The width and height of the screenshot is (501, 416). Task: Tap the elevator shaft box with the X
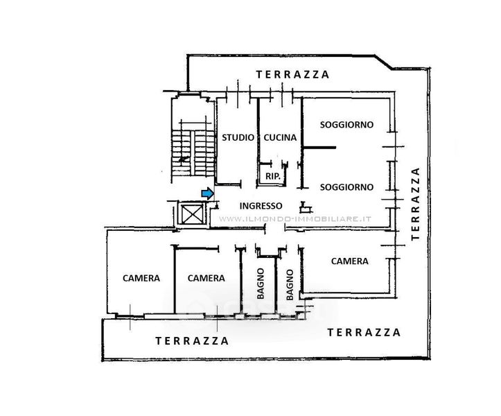(191, 213)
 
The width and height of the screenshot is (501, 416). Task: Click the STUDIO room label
(238, 138)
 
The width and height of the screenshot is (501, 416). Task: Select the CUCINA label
(280, 138)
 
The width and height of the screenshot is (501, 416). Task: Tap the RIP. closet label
(273, 177)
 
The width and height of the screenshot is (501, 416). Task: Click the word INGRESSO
(261, 205)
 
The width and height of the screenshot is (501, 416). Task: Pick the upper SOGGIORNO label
(346, 125)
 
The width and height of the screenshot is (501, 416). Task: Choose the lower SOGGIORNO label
(346, 187)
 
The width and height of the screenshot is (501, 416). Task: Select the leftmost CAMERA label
(141, 278)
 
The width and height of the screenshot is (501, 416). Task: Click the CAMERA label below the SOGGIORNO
(349, 261)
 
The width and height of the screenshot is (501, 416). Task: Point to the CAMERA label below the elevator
(206, 278)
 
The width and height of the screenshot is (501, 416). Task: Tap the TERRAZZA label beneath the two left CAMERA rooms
(192, 340)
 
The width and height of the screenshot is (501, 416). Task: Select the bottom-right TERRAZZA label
(363, 332)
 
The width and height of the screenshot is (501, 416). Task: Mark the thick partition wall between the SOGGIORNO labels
(319, 148)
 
